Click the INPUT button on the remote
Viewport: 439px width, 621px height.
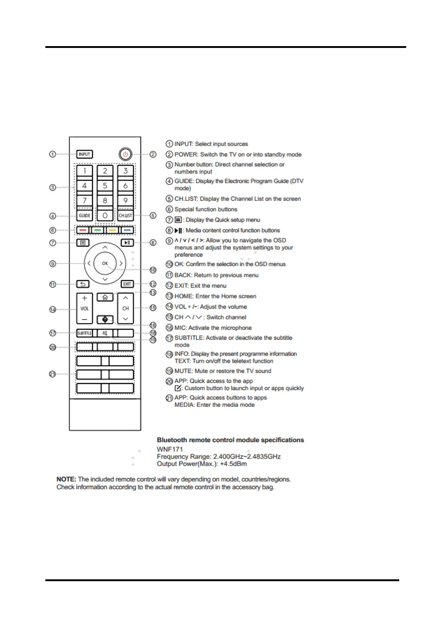(x=84, y=154)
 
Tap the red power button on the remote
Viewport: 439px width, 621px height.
(x=125, y=154)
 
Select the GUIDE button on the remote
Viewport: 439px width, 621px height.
(x=84, y=215)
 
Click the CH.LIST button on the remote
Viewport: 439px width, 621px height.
(x=125, y=215)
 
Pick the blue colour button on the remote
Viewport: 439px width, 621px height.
(x=127, y=230)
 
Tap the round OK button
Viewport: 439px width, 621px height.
(x=105, y=263)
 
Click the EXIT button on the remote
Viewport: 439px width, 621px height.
(x=127, y=284)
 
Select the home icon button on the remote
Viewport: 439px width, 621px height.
(x=105, y=297)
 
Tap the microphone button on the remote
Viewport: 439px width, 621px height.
(x=105, y=319)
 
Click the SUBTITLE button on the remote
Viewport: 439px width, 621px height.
(x=84, y=333)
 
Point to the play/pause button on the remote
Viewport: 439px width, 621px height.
(x=127, y=243)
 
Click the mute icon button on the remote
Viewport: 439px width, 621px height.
(x=105, y=333)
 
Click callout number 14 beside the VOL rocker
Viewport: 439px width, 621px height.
(x=53, y=309)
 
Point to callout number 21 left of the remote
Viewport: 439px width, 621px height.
(x=53, y=374)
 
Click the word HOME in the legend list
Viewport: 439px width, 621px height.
(x=184, y=296)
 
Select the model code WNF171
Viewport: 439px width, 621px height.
(x=170, y=449)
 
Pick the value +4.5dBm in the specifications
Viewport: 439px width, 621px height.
(x=233, y=464)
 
